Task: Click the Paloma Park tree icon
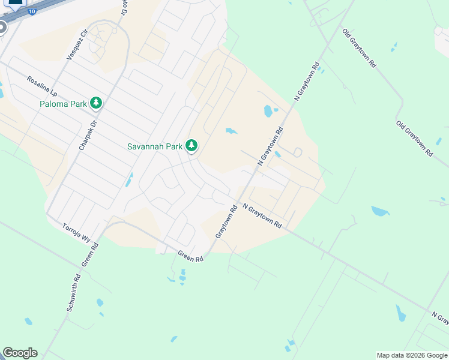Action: pos(96,103)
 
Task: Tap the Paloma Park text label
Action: pos(63,104)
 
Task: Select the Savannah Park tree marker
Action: pos(191,145)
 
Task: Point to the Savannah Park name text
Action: pos(154,146)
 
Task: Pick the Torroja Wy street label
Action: pos(76,232)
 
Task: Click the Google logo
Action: pos(20,353)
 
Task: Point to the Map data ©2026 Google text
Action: pos(412,355)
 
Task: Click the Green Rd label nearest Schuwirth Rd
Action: pos(91,254)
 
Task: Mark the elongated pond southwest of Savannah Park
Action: pos(129,179)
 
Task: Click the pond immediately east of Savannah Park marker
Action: pos(231,131)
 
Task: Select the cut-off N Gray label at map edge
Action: pos(440,316)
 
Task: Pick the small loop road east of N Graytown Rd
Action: pos(297,152)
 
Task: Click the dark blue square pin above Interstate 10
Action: pos(15,2)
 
